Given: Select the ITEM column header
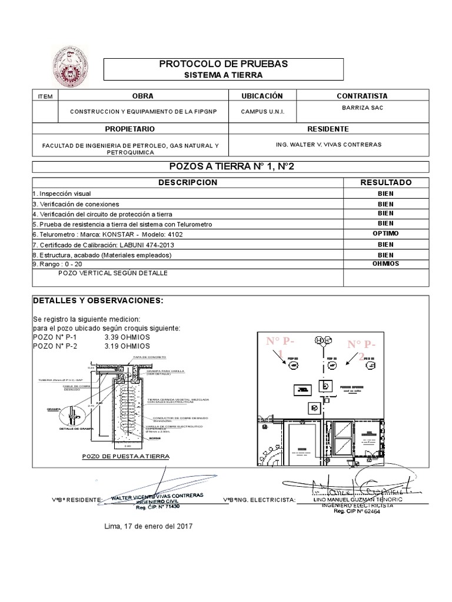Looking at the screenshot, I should click(45, 96).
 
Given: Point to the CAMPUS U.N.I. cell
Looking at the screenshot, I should click(262, 112).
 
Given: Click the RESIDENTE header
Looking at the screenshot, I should click(328, 129).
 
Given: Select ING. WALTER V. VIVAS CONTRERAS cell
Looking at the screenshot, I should click(328, 144).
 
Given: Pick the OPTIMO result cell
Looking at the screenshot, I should click(386, 233).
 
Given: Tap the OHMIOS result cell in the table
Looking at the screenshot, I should click(386, 263).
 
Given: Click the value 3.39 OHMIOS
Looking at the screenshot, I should click(127, 337).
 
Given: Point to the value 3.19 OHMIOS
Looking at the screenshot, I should click(127, 346).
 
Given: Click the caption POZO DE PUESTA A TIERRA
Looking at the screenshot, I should click(126, 456).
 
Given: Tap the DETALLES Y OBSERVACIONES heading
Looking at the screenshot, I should click(97, 300).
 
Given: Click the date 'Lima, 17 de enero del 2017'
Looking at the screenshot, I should click(148, 527).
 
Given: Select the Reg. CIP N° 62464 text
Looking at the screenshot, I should click(357, 512).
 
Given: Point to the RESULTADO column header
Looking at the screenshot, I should click(386, 183).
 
